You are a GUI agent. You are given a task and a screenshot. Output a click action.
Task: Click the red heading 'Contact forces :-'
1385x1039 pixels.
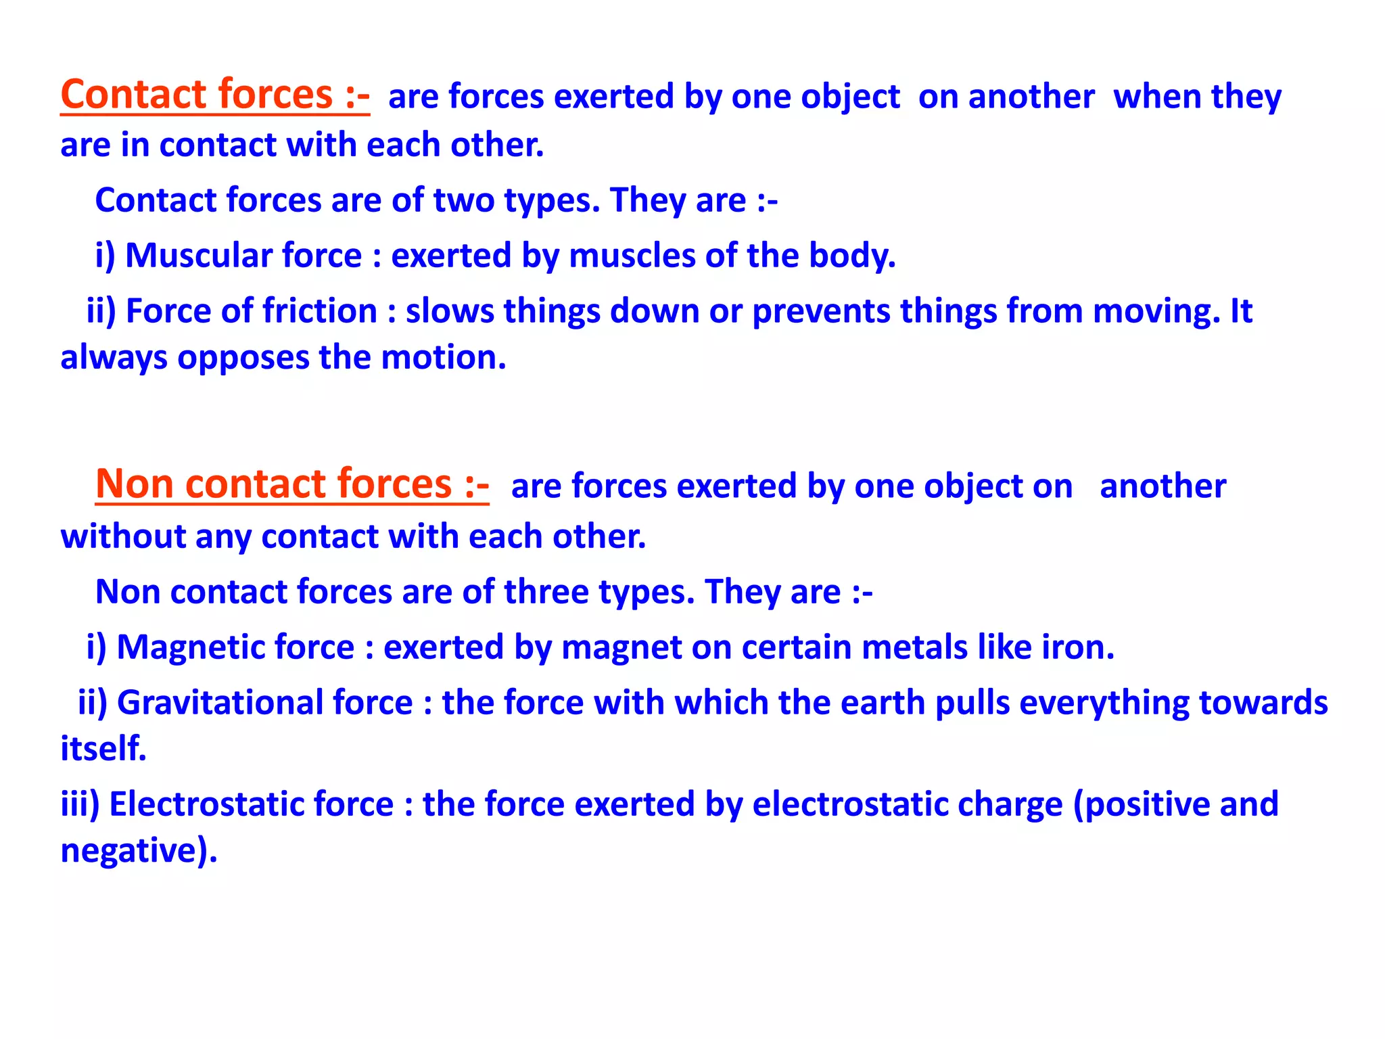tap(215, 95)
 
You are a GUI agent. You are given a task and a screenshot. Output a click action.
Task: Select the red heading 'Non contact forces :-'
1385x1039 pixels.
tap(292, 484)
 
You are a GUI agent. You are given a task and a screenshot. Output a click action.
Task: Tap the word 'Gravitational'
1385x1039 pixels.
tap(264, 703)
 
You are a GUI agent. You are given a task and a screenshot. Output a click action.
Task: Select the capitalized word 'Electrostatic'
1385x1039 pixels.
tap(251, 804)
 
